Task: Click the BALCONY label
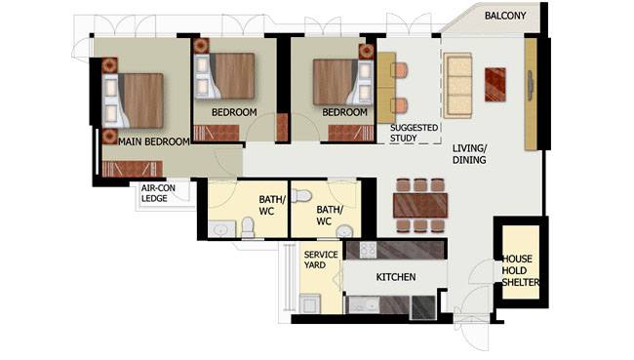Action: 505,16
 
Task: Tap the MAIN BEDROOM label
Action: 154,142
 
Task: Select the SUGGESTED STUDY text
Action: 414,133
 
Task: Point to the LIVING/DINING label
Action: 469,154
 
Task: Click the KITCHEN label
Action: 396,277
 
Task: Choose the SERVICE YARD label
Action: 321,260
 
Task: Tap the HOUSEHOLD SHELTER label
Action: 521,270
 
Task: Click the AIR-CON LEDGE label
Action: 158,193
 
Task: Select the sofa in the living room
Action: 457,85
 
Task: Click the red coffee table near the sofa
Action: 495,85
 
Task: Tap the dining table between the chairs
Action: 420,206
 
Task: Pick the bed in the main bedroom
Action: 133,100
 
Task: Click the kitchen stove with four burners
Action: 368,251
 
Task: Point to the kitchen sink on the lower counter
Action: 364,305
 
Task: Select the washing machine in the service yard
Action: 310,303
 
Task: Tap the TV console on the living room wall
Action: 531,95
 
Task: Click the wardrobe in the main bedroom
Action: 133,169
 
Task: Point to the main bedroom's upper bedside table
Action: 109,65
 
